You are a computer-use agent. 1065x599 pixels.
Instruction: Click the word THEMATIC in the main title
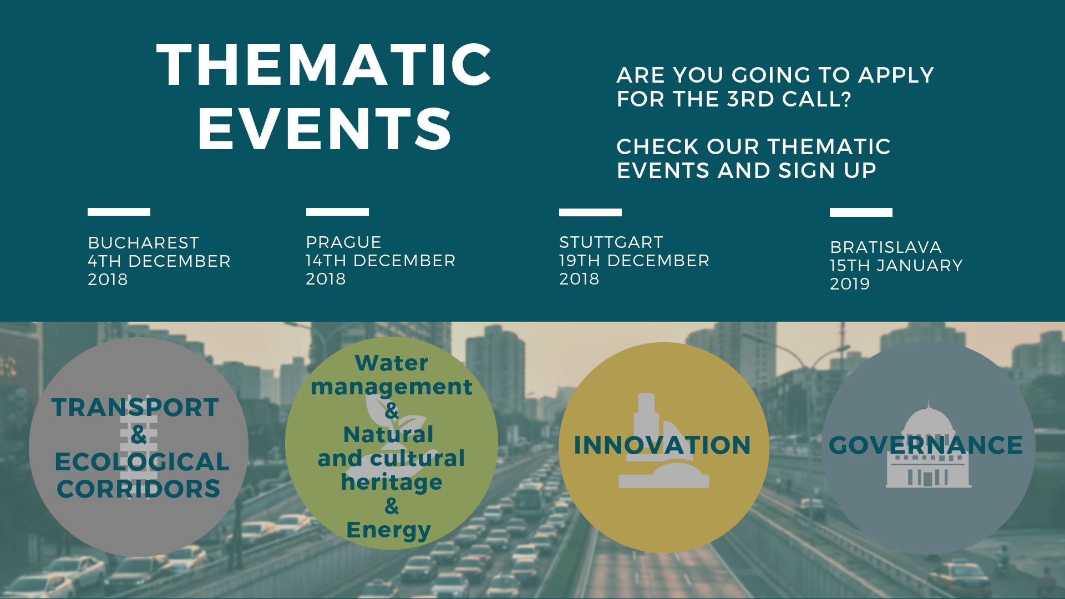pyautogui.click(x=324, y=65)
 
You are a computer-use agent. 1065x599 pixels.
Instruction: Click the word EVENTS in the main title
pyautogui.click(x=324, y=129)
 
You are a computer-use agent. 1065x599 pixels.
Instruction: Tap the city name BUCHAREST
pyautogui.click(x=143, y=243)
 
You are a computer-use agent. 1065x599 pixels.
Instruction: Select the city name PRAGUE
pyautogui.click(x=343, y=242)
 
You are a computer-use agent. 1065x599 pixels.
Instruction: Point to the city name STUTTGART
pyautogui.click(x=611, y=242)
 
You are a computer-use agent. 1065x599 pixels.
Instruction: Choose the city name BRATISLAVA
pyautogui.click(x=885, y=247)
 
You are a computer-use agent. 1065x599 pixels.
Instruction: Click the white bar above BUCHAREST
pyautogui.click(x=119, y=212)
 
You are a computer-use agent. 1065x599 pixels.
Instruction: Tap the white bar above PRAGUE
pyautogui.click(x=337, y=212)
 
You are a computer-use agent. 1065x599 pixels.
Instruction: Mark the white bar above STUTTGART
pyautogui.click(x=590, y=212)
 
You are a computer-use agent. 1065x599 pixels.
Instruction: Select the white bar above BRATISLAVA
pyautogui.click(x=861, y=212)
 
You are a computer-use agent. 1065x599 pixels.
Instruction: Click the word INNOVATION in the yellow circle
pyautogui.click(x=662, y=445)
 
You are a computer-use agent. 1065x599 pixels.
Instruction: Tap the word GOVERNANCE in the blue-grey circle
pyautogui.click(x=926, y=445)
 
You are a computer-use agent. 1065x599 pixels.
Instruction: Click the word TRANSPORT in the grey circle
pyautogui.click(x=135, y=408)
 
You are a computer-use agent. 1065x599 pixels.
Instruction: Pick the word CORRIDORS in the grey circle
pyautogui.click(x=139, y=489)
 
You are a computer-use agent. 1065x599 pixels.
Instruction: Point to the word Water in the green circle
pyautogui.click(x=392, y=363)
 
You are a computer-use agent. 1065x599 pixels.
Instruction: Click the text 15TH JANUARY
pyautogui.click(x=896, y=266)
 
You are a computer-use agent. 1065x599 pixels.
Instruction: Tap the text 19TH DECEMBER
pyautogui.click(x=634, y=261)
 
